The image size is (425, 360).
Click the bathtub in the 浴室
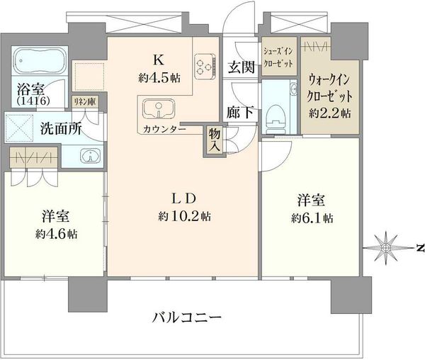click(x=40, y=61)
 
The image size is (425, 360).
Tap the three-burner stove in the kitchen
click(x=205, y=67)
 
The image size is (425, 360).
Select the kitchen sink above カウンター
click(x=159, y=108)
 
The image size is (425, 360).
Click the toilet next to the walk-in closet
click(x=276, y=119)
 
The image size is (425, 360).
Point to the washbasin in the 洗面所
click(x=90, y=157)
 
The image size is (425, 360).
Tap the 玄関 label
click(x=241, y=67)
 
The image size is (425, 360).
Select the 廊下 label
click(x=240, y=112)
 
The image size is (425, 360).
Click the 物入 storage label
click(x=214, y=140)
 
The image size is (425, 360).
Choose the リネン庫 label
click(x=85, y=101)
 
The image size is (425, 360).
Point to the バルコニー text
click(x=187, y=317)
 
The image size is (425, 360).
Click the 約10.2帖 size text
click(x=185, y=216)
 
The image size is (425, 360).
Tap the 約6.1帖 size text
click(x=312, y=218)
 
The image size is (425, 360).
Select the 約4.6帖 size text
click(x=57, y=234)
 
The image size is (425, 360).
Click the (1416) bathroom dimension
click(x=33, y=101)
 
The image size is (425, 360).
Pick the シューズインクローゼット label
click(x=278, y=57)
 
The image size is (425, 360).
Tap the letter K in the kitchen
click(x=159, y=60)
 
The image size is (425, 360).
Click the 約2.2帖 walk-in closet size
click(x=330, y=113)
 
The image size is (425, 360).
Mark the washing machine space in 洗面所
click(x=19, y=128)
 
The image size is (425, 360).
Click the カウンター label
click(x=164, y=129)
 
